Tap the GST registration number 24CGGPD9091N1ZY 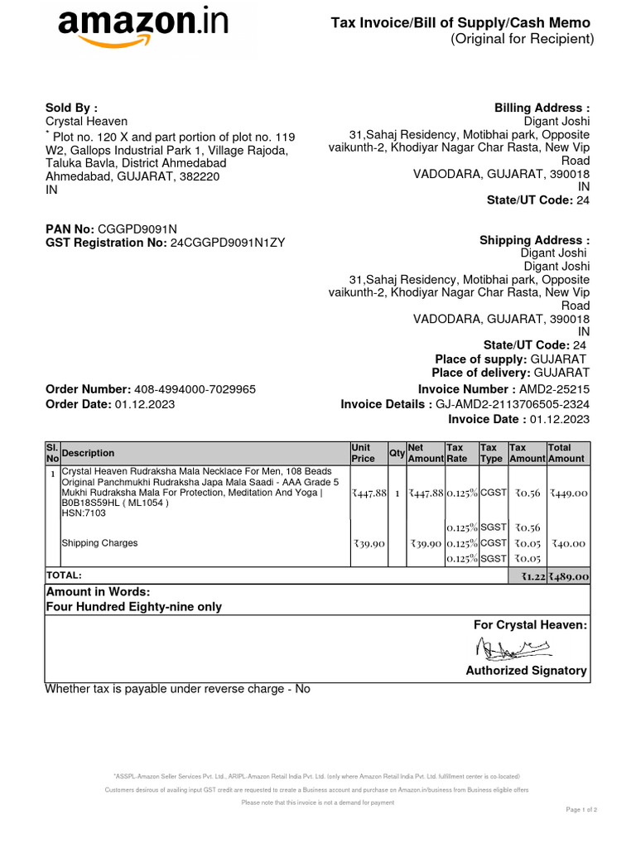click(x=227, y=242)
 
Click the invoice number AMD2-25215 click(x=554, y=389)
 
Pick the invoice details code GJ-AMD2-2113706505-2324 click(x=513, y=404)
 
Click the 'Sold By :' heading click(x=71, y=108)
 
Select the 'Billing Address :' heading click(x=542, y=108)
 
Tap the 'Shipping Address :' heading click(x=534, y=240)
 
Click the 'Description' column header click(x=89, y=453)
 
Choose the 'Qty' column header click(x=397, y=453)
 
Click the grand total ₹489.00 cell click(x=569, y=576)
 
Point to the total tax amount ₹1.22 click(x=531, y=576)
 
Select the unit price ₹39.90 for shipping click(x=369, y=543)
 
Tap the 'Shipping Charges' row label click(x=99, y=543)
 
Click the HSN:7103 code click(x=84, y=513)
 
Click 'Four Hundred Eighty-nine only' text click(x=133, y=606)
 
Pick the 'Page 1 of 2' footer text click(x=581, y=809)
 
